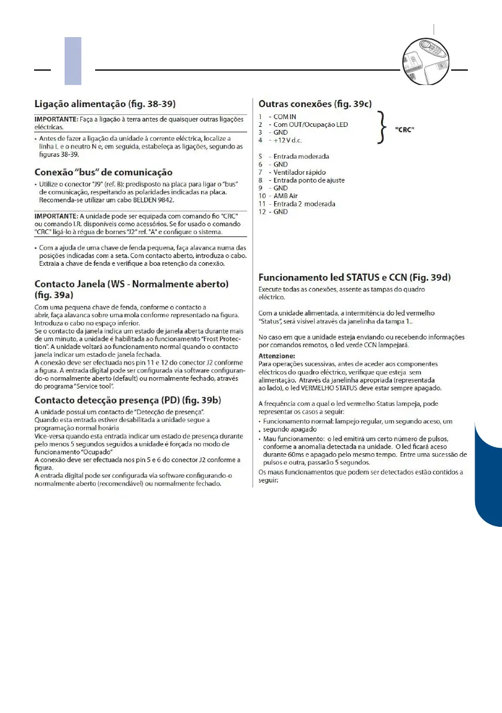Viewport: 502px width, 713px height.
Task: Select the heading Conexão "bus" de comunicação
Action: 103,172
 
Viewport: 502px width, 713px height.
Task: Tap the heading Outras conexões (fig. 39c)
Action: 315,103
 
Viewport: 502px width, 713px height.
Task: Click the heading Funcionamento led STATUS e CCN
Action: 354,278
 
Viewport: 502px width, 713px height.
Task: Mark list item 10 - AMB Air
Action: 282,196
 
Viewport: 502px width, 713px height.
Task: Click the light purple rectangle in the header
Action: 72,60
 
